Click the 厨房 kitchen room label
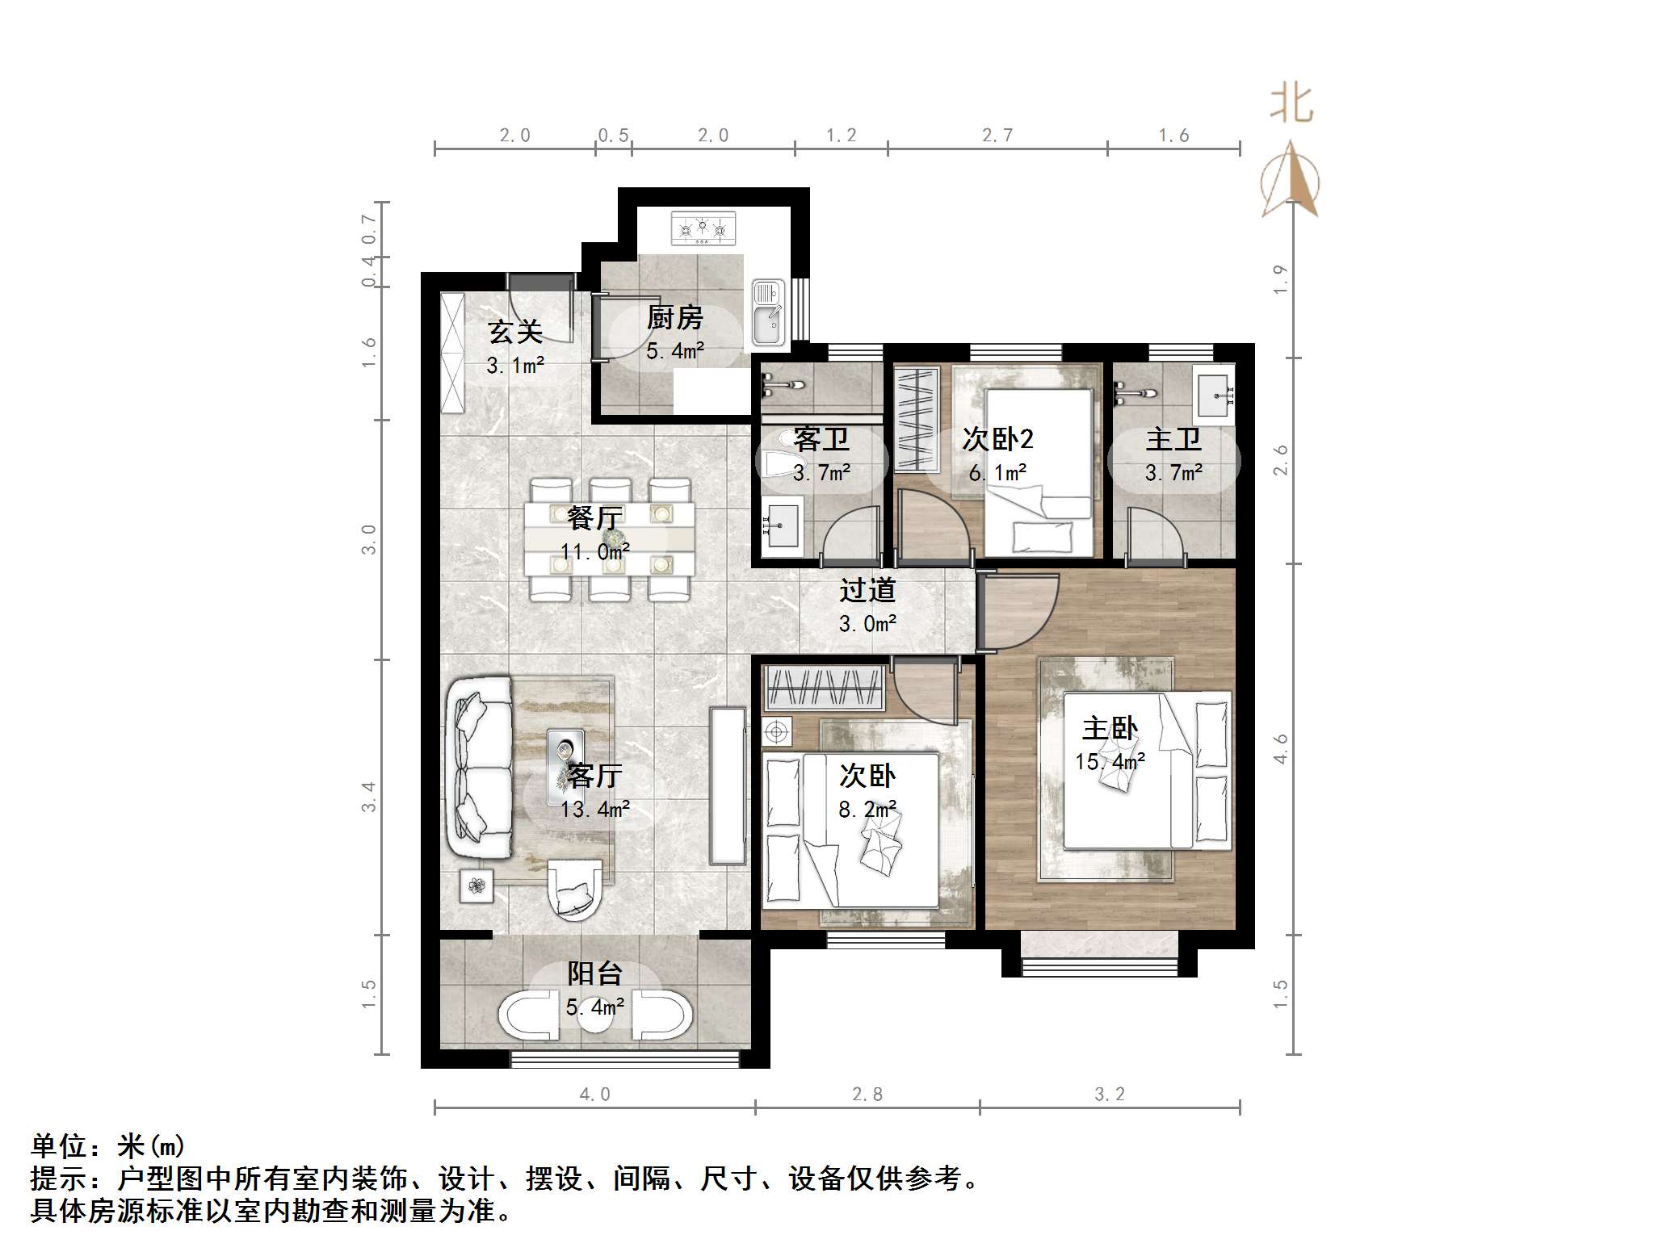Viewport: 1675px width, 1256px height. [x=674, y=317]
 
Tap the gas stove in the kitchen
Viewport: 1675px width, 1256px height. [x=703, y=228]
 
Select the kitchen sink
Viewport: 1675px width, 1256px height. [x=767, y=312]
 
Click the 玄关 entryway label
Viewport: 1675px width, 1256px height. [x=514, y=332]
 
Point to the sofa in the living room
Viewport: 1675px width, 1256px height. [x=479, y=768]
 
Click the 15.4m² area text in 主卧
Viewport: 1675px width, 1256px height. [x=1109, y=761]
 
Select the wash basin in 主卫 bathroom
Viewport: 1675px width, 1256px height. [x=1213, y=394]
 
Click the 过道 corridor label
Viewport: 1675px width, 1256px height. [x=867, y=590]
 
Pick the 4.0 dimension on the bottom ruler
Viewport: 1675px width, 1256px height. [x=594, y=1095]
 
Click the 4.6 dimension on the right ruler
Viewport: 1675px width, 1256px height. [x=1280, y=748]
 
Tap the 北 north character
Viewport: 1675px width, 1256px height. [x=1291, y=105]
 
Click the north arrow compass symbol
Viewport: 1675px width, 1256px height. [x=1290, y=182]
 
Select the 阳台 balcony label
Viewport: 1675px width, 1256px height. [x=594, y=973]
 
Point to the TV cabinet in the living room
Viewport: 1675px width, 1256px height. [x=727, y=785]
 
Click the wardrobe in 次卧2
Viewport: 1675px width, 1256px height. [x=916, y=420]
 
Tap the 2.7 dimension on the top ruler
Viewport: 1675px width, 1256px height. [x=997, y=136]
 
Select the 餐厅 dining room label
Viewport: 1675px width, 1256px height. [x=594, y=517]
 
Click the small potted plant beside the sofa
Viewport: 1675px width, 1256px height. [x=476, y=885]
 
